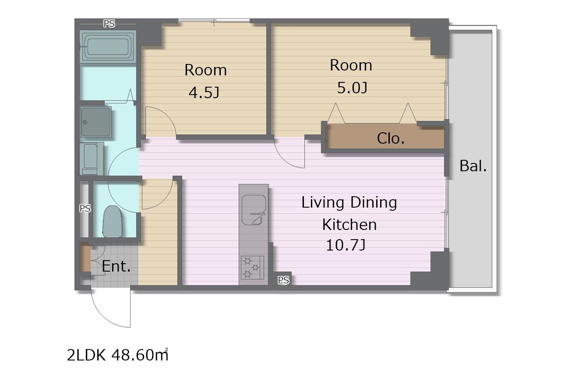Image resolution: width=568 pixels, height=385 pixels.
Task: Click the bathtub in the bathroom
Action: tap(108, 47)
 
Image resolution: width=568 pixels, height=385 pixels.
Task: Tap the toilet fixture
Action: tap(113, 222)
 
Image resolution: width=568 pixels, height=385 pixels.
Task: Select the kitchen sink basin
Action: tap(254, 210)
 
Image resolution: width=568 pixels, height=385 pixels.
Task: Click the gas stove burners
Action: tap(252, 268)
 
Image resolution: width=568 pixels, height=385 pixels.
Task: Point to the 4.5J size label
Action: tap(204, 92)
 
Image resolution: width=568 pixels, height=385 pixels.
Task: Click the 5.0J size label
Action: tap(352, 88)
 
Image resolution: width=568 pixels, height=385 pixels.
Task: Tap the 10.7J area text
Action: tap(346, 245)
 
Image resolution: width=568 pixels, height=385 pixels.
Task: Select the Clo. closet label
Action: tap(391, 138)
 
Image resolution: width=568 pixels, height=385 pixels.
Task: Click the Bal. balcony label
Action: tap(473, 166)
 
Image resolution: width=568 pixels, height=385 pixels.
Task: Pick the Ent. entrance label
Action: tap(116, 266)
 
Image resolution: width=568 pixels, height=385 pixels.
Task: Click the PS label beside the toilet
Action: tap(85, 208)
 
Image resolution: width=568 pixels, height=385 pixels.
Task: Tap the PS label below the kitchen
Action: tap(283, 280)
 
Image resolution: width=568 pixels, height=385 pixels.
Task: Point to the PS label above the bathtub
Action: tap(109, 23)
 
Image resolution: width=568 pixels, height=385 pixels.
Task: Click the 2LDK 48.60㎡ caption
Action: tap(117, 355)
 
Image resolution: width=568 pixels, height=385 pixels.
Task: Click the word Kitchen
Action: tap(349, 225)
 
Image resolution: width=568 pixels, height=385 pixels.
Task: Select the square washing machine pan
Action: tap(96, 122)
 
